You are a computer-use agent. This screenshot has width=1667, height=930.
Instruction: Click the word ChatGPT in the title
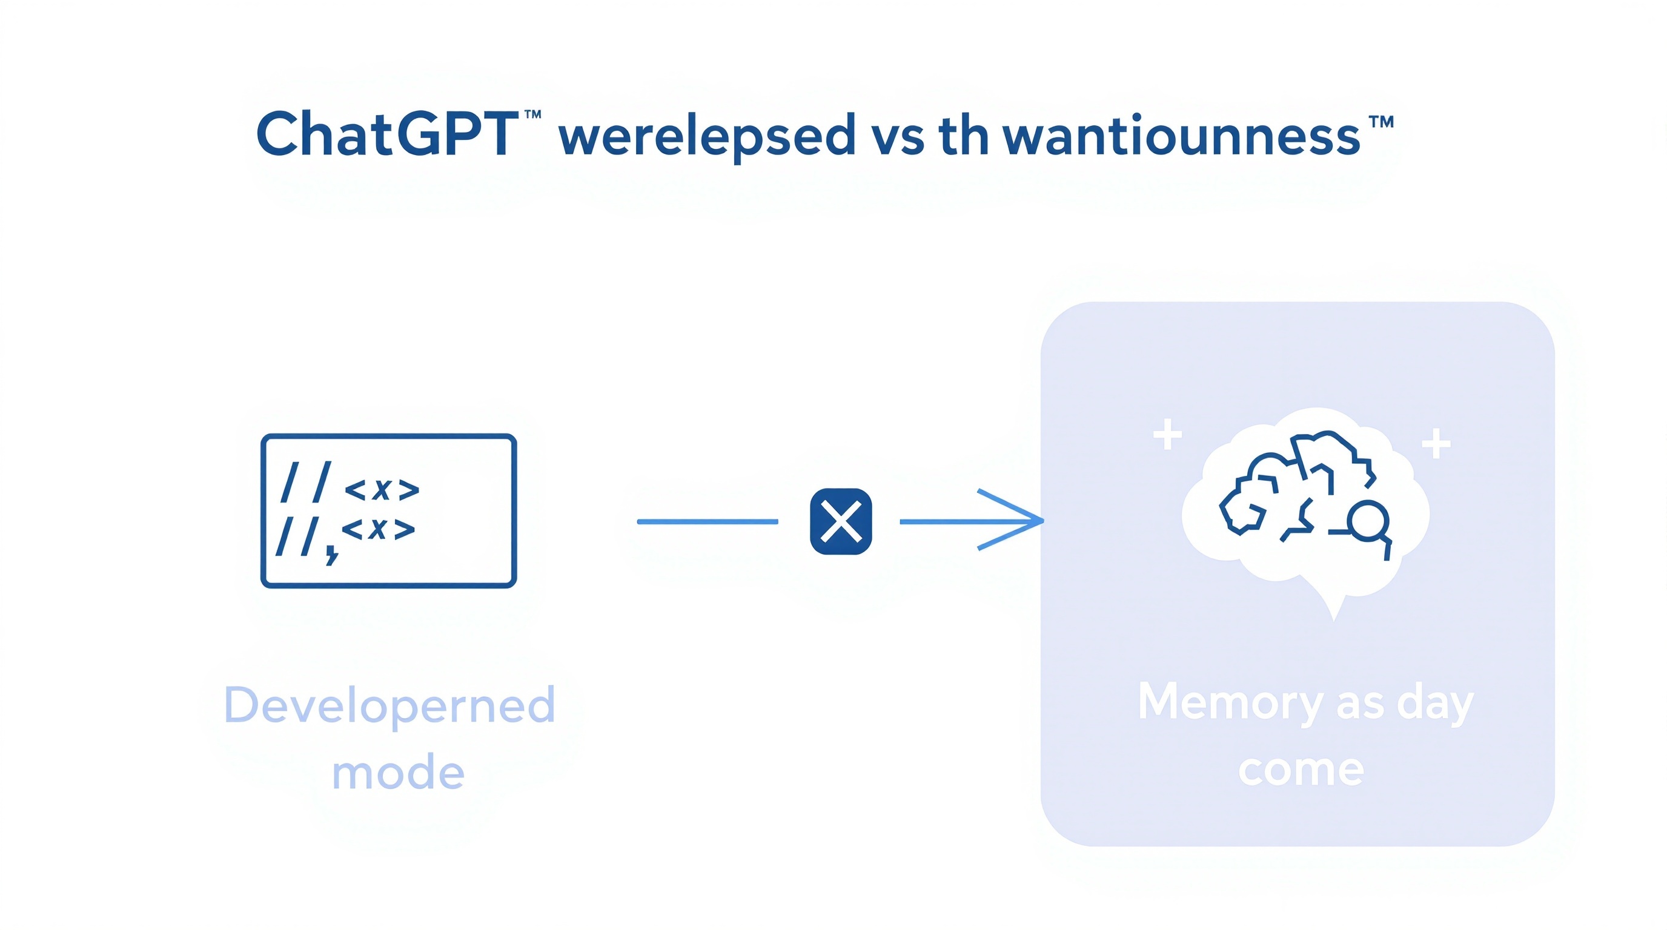pyautogui.click(x=387, y=134)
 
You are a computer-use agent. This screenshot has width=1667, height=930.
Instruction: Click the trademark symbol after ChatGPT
pyautogui.click(x=532, y=115)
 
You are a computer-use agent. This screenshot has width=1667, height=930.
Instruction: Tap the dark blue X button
pyautogui.click(x=841, y=521)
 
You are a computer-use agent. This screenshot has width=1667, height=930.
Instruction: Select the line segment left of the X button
pyautogui.click(x=708, y=521)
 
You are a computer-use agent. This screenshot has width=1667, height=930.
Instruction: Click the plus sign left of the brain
pyautogui.click(x=1167, y=435)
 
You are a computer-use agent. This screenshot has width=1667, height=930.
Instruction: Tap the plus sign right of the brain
pyautogui.click(x=1436, y=444)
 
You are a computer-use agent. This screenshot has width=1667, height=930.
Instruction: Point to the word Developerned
pyautogui.click(x=389, y=705)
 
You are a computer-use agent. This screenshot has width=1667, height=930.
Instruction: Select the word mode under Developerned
pyautogui.click(x=398, y=773)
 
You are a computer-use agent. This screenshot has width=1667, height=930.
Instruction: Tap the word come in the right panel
pyautogui.click(x=1301, y=770)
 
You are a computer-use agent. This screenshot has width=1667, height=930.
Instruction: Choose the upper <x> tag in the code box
pyautogui.click(x=382, y=490)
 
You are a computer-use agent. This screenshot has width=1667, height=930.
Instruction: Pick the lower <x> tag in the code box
pyautogui.click(x=378, y=529)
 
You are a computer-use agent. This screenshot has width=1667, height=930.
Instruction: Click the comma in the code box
pyautogui.click(x=332, y=554)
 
